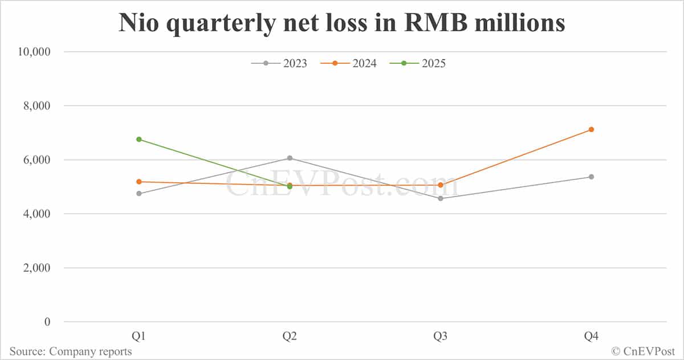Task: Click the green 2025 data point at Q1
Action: (139, 139)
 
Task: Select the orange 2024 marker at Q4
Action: (591, 129)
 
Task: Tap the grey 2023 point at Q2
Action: (290, 158)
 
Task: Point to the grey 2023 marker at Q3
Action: (441, 198)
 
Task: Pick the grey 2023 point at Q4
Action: (591, 177)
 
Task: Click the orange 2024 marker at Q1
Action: (139, 182)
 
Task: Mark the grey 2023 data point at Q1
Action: (139, 194)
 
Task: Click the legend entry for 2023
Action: (279, 63)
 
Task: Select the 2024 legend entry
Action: (349, 63)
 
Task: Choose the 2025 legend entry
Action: (418, 63)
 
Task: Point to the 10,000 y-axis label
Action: (34, 52)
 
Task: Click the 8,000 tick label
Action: (36, 106)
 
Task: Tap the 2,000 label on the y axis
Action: (36, 268)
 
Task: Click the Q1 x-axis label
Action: (139, 337)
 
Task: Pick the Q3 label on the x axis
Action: (441, 337)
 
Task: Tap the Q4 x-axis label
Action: (591, 337)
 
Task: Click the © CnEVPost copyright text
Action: (644, 351)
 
